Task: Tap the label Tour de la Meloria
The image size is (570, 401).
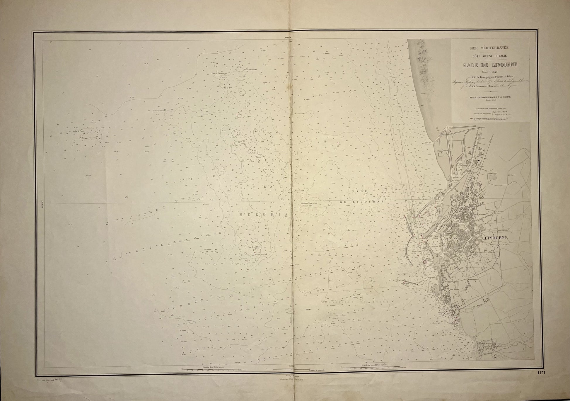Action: point(254,247)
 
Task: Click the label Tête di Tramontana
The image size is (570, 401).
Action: point(219,73)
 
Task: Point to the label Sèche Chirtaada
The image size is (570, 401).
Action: point(251,69)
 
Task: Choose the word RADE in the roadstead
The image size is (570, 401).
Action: point(359,191)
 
